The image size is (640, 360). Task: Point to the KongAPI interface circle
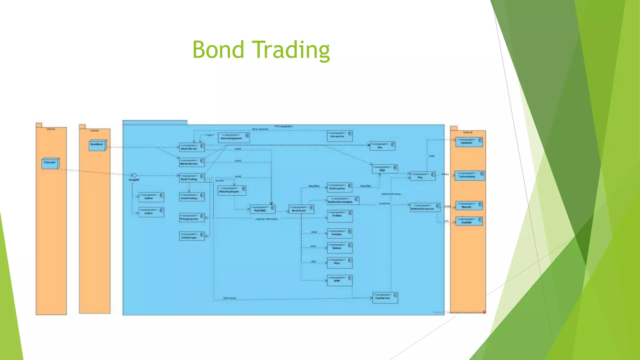[x=134, y=175]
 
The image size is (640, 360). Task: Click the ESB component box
[x=385, y=169]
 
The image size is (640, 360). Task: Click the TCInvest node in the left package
[x=50, y=163]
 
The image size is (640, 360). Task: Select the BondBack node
[x=97, y=145]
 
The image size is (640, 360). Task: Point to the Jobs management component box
[x=234, y=137]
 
